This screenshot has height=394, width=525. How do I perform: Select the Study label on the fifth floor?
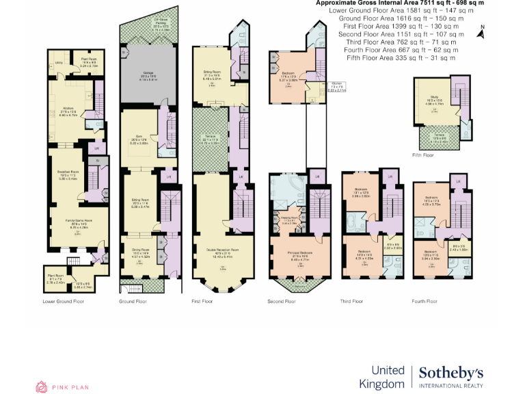point(435,98)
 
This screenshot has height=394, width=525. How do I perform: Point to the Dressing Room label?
point(291,218)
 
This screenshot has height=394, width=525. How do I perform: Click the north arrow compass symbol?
point(483,31)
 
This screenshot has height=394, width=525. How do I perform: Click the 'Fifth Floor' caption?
point(423,155)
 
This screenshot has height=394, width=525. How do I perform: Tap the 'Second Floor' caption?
point(282,301)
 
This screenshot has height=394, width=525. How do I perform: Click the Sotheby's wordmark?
point(450,373)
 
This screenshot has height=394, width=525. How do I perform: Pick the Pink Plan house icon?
point(42,386)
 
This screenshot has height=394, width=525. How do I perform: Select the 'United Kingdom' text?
point(388,377)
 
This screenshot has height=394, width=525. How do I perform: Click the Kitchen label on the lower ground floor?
point(68,108)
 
